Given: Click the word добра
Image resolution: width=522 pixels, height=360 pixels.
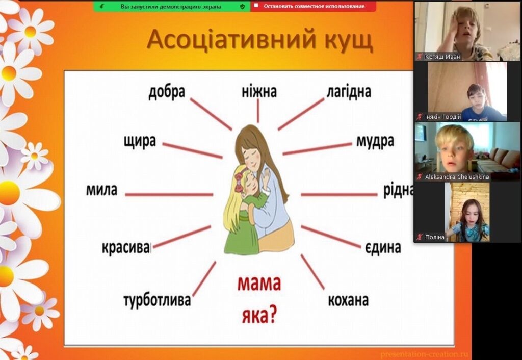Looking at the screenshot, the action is [167, 92].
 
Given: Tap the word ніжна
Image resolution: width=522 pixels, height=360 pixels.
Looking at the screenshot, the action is [259, 92].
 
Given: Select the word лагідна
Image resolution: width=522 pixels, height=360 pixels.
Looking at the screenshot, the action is [349, 92].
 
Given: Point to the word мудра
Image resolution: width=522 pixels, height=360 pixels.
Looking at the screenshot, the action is [375, 141].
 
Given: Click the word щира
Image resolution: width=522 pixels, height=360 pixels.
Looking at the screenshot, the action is [140, 141].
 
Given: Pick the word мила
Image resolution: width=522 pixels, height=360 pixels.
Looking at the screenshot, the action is [101, 190].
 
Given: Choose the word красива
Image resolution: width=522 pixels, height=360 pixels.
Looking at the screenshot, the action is [126, 248].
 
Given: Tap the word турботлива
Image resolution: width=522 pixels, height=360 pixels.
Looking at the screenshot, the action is [157, 300].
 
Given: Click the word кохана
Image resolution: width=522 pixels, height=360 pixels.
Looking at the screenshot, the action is [348, 300].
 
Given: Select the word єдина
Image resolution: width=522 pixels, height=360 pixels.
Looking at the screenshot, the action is [383, 248].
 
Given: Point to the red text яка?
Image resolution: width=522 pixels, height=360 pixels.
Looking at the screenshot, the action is [259, 315].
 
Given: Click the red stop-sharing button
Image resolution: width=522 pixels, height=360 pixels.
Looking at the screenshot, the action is [314, 6].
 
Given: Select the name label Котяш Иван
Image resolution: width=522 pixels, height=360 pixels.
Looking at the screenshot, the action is [442, 57].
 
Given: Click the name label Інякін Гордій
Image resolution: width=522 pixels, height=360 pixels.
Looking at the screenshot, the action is [443, 117].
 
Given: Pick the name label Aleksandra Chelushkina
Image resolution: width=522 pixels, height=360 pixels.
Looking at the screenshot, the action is [457, 177].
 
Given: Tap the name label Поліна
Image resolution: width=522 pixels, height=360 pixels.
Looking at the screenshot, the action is [434, 237].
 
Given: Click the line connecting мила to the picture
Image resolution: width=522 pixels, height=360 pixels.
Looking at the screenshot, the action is [169, 194].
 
